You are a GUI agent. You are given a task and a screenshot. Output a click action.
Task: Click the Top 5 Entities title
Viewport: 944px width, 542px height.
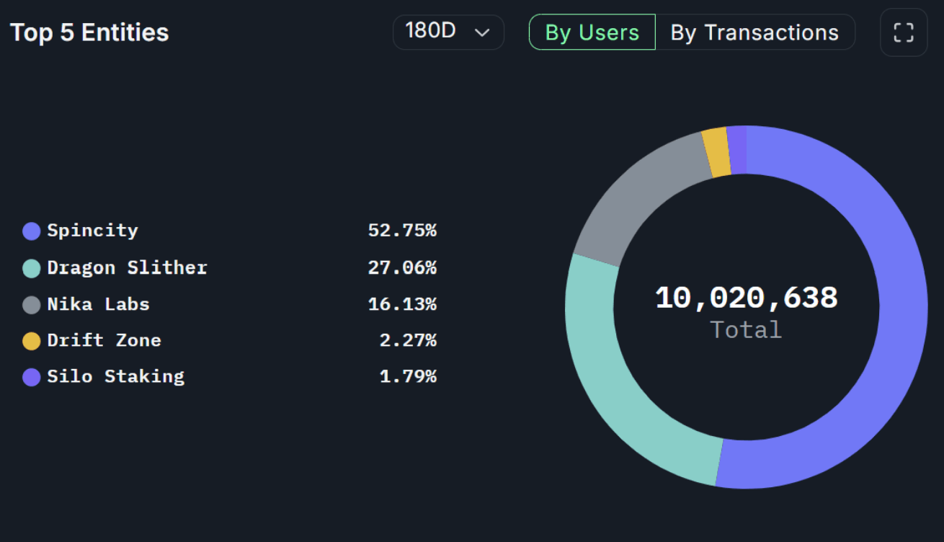click(x=89, y=32)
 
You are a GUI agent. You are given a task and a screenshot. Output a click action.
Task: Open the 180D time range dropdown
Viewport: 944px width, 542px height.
click(x=447, y=32)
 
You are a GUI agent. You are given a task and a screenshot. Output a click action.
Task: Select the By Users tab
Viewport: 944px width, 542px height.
click(x=592, y=32)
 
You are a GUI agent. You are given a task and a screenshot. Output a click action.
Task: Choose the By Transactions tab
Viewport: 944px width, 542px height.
click(x=754, y=32)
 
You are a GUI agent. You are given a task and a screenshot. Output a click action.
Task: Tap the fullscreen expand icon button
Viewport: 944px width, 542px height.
click(x=903, y=32)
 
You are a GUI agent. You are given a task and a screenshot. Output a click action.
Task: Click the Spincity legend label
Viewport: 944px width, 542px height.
click(x=92, y=231)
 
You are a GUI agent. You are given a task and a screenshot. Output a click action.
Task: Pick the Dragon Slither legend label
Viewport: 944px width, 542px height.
click(x=127, y=268)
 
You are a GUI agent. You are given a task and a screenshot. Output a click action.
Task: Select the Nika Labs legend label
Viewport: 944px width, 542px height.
click(x=98, y=304)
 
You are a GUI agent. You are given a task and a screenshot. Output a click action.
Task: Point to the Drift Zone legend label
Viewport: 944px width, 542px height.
click(x=104, y=340)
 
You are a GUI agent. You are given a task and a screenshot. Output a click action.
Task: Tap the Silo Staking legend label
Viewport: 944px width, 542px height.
click(x=115, y=376)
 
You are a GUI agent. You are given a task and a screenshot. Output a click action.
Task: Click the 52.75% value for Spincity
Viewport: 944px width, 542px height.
click(x=402, y=231)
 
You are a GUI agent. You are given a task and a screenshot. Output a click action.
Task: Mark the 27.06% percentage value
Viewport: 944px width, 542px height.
click(x=402, y=268)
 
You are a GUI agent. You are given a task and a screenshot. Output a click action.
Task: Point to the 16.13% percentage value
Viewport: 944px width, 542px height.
click(x=402, y=304)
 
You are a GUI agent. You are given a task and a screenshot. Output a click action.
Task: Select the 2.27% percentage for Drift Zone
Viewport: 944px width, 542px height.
click(x=408, y=340)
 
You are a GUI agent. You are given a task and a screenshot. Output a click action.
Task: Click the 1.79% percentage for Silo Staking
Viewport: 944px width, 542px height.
click(x=408, y=376)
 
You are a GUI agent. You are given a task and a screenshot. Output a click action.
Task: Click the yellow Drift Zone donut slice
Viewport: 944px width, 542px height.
click(x=716, y=153)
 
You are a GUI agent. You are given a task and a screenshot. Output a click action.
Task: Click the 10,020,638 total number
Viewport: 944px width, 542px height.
click(x=746, y=298)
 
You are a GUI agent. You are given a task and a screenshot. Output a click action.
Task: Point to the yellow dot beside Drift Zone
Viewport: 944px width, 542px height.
click(x=31, y=341)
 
